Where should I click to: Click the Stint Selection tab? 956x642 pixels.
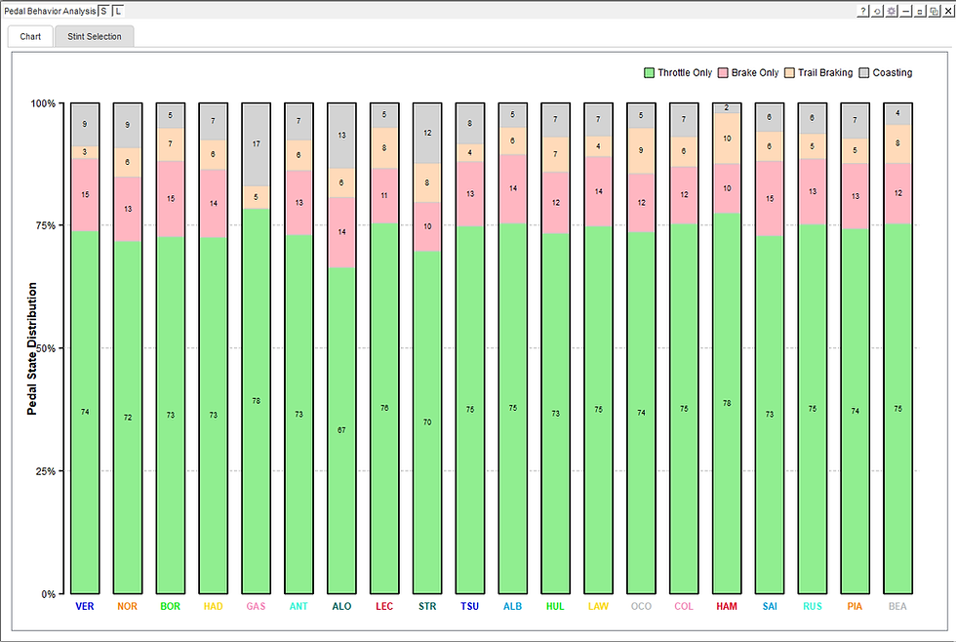pos(95,37)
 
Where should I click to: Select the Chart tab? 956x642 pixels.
pos(30,37)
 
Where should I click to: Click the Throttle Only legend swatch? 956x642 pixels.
pos(650,73)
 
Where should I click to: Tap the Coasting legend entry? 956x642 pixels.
pos(892,73)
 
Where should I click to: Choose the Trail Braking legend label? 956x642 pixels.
pos(824,73)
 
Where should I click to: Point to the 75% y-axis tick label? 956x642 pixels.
pos(43,225)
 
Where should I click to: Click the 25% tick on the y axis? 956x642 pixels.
pos(43,471)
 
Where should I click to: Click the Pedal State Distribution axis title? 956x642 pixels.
pos(32,348)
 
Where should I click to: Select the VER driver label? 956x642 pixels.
pos(85,606)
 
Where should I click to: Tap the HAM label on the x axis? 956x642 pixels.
pos(727,606)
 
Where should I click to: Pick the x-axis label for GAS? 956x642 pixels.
pos(256,606)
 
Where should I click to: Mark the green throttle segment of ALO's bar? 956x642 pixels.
pos(341,429)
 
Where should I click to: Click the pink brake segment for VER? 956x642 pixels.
pos(85,195)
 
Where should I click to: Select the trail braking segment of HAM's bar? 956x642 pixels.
pos(727,139)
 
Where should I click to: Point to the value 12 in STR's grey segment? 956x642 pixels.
pos(427,133)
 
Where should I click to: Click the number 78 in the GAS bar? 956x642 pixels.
pos(256,401)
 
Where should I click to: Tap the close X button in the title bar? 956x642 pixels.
pos(947,11)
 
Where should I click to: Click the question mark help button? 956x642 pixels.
pos(863,11)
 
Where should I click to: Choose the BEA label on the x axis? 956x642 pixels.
pos(897,606)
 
